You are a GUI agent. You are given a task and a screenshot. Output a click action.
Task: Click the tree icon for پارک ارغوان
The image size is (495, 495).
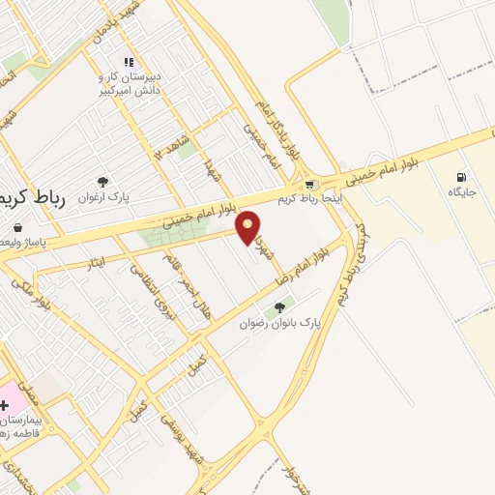[x=102, y=180]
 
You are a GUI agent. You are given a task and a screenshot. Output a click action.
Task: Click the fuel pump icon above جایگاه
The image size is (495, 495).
[x=461, y=177]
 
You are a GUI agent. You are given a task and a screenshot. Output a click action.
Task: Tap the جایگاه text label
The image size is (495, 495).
[x=463, y=193]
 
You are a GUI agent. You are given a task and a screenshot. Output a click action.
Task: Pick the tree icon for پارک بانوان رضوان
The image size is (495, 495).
[x=279, y=307]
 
